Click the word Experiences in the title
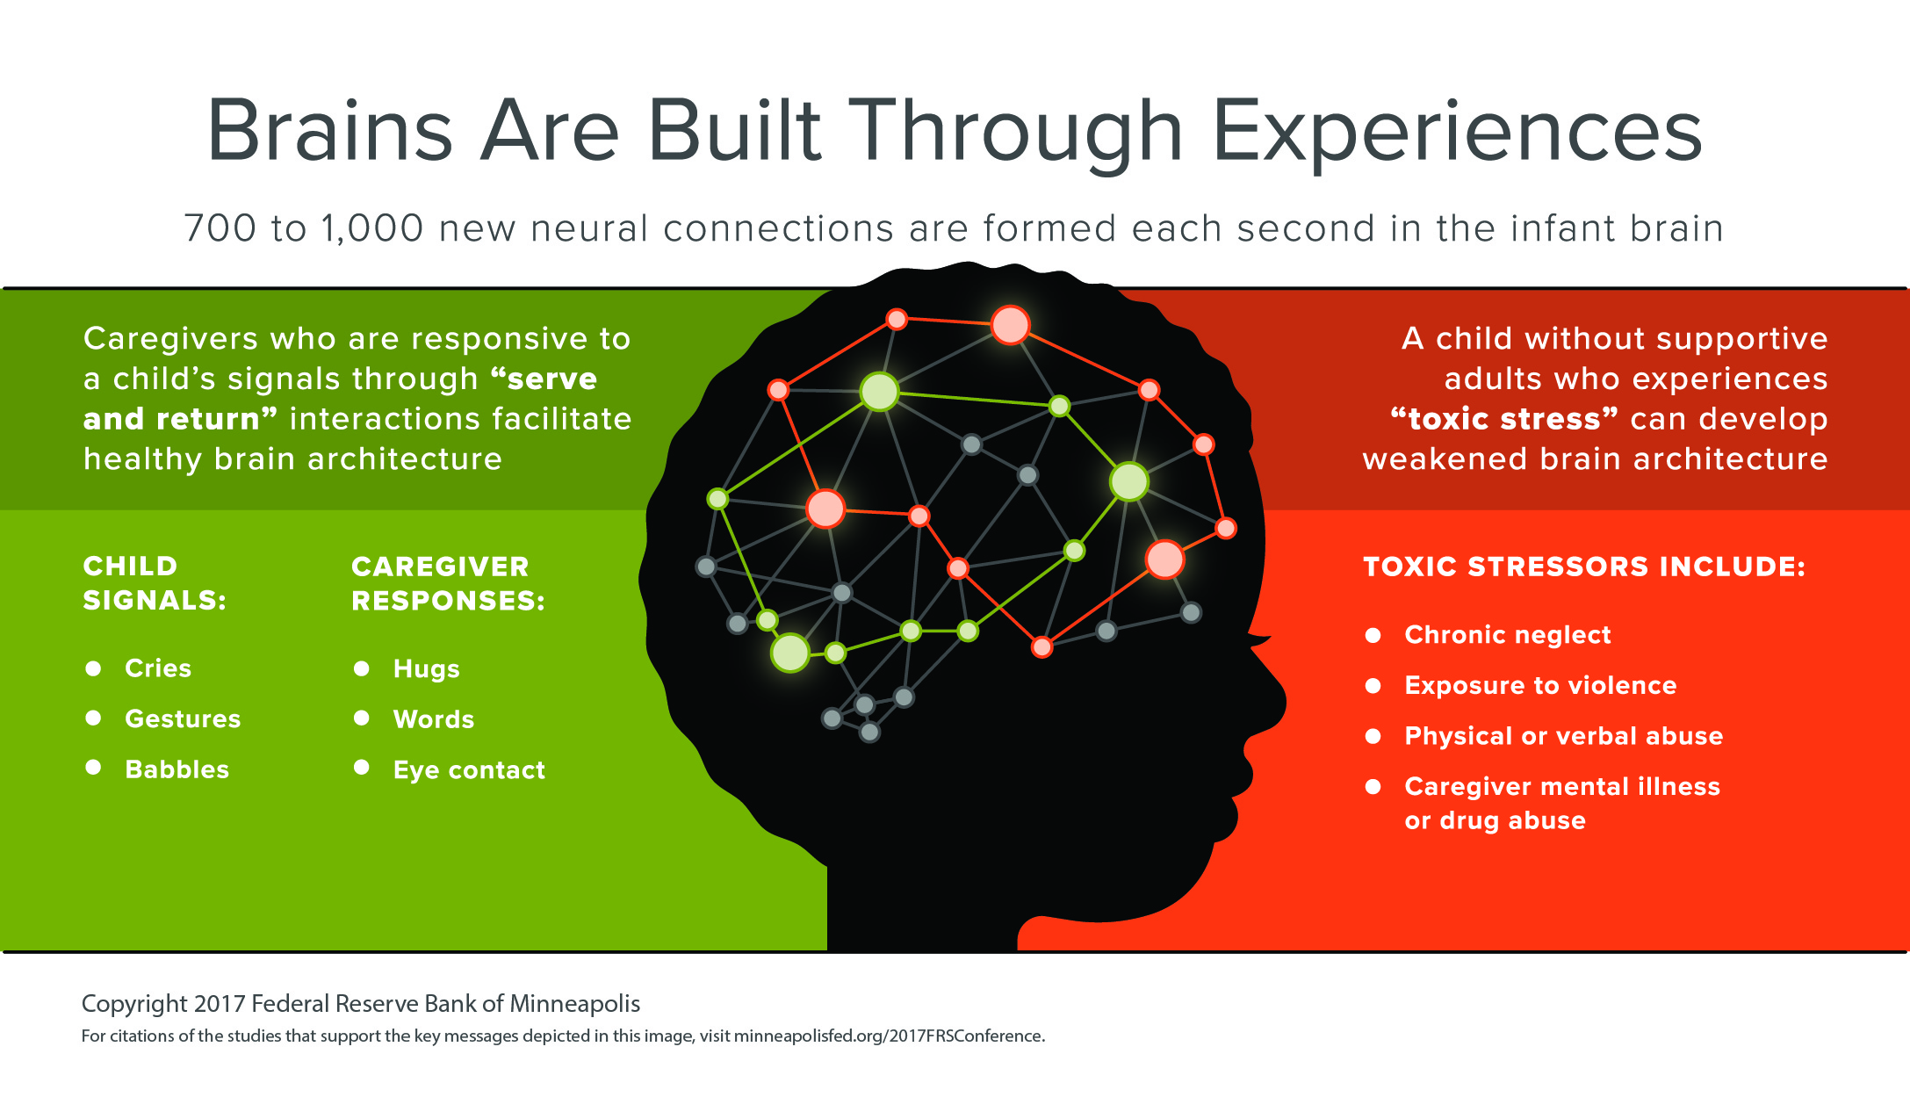click(x=1457, y=132)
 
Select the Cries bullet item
click(x=158, y=668)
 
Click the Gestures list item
click(x=183, y=719)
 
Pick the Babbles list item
click(x=177, y=769)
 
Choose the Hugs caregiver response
click(x=426, y=669)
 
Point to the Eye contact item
click(x=469, y=770)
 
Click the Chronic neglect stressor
click(x=1507, y=635)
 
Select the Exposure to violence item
click(x=1540, y=685)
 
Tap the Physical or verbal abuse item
click(x=1563, y=736)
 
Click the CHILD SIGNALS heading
click(x=155, y=583)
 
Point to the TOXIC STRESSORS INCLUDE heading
click(x=1583, y=567)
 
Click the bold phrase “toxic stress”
click(x=1504, y=419)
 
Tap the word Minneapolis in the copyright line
click(x=575, y=1004)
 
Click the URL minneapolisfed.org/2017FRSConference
click(x=889, y=1036)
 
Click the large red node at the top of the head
click(x=1010, y=325)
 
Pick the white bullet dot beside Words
click(x=361, y=718)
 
